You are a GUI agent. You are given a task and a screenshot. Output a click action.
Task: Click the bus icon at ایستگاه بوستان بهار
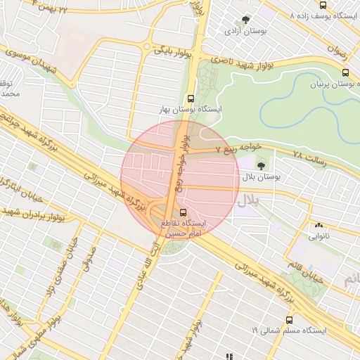coord(191,99)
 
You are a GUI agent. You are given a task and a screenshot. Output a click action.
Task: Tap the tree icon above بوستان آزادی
coord(245,20)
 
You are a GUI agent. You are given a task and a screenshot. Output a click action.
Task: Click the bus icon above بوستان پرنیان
coord(345,72)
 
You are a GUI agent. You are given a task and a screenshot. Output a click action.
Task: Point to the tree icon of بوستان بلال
coord(262,166)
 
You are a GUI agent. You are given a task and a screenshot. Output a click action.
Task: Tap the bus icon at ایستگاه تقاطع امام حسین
coord(184,212)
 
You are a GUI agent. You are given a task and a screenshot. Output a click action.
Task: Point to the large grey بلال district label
coord(247,200)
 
